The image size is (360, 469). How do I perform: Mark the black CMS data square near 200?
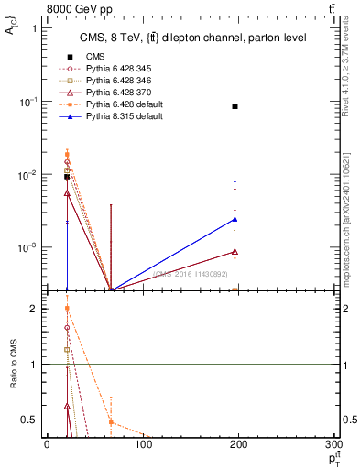pos(235,106)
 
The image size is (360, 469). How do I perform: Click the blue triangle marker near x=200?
pos(235,219)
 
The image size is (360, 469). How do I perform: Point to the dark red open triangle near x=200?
pos(235,251)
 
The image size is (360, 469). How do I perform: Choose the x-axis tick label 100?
pos(142,445)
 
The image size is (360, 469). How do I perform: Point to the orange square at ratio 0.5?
pos(111,422)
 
